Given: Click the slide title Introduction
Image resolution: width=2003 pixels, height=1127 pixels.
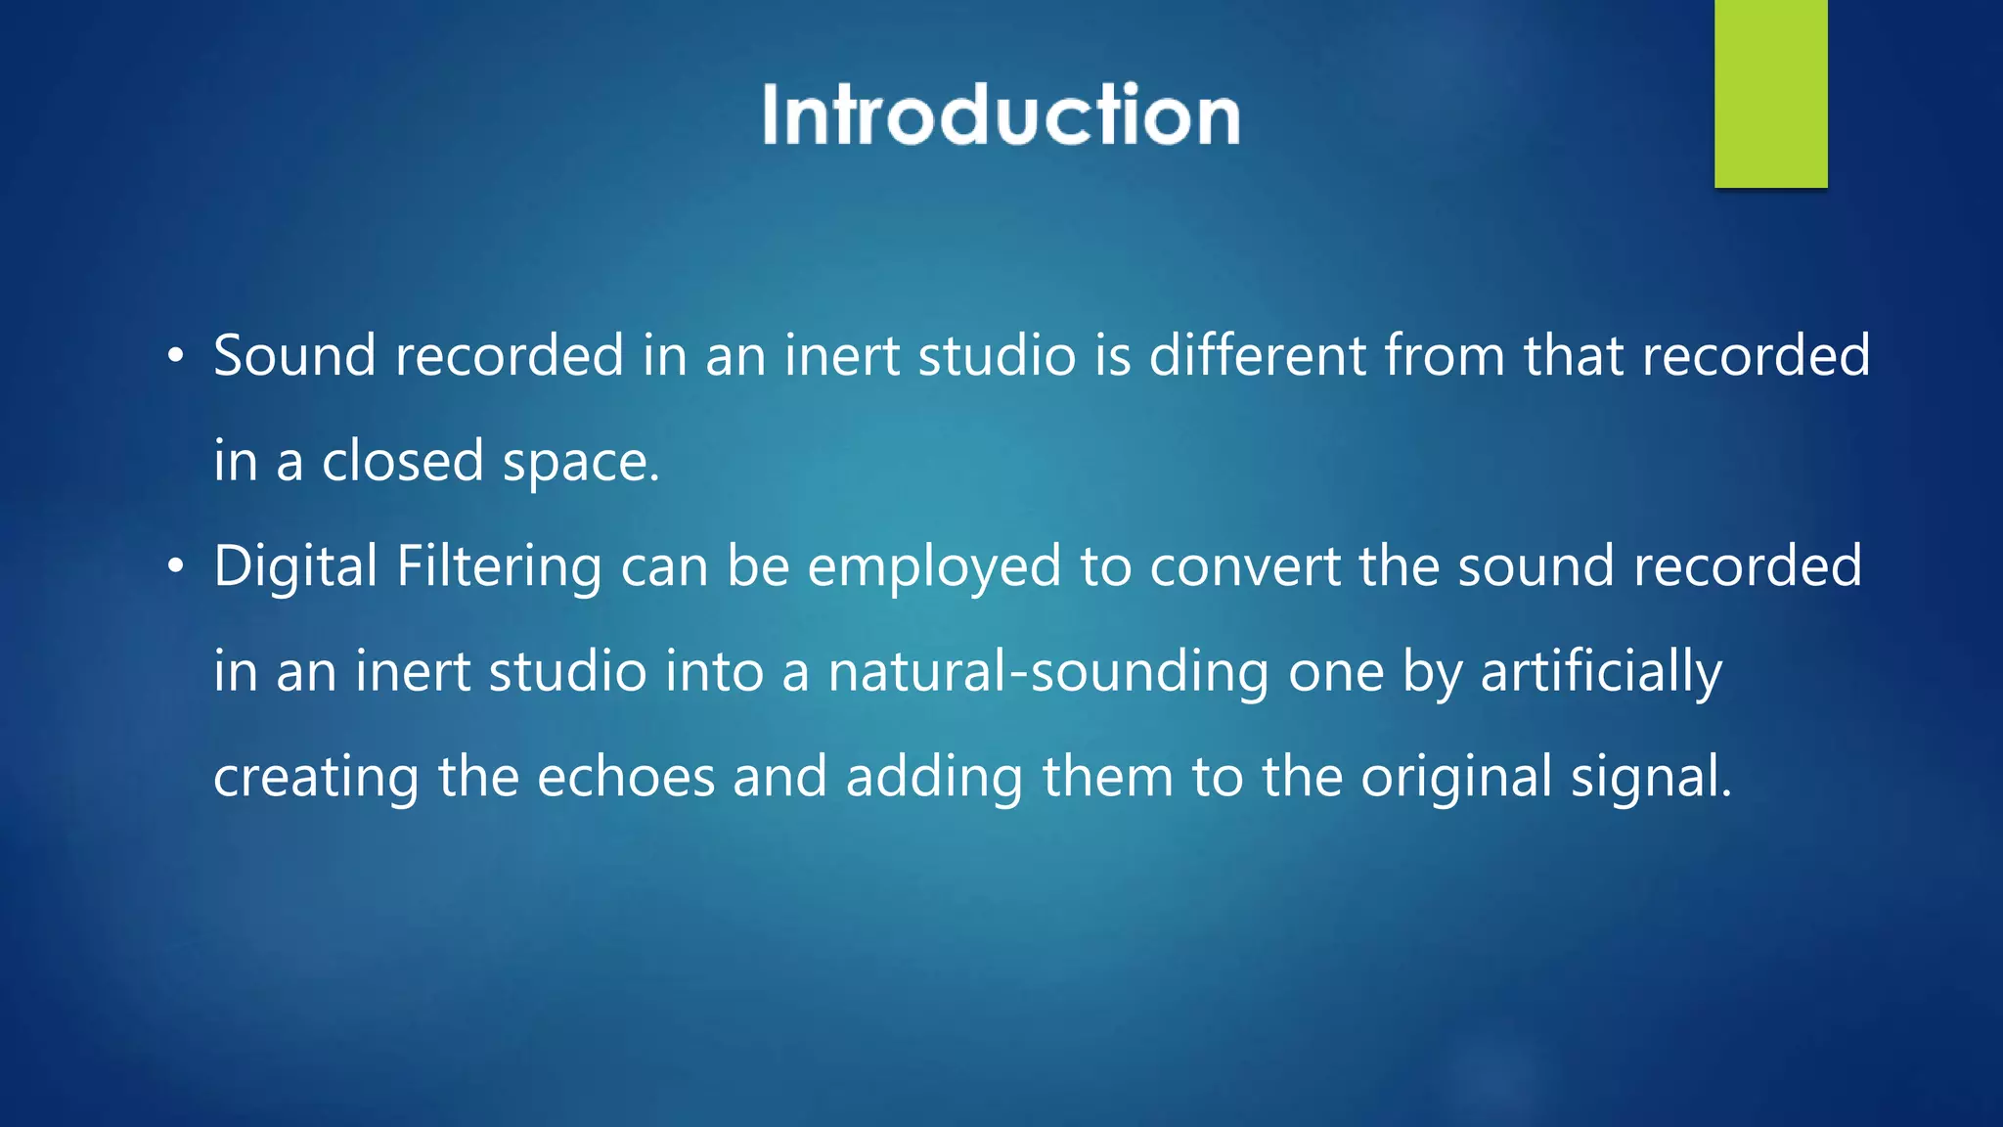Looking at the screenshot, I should pos(1001,114).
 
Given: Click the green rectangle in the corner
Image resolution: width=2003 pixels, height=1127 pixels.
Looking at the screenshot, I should pos(1770,93).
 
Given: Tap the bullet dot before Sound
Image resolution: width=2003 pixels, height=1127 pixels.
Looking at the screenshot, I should pos(175,356).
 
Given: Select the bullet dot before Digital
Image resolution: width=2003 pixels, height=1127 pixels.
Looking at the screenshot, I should pos(175,567).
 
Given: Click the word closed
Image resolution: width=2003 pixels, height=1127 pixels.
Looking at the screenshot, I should pos(402,461).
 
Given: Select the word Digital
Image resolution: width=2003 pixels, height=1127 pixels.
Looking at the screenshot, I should pos(295,567).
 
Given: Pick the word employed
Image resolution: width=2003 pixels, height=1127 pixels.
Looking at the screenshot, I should pos(934,567).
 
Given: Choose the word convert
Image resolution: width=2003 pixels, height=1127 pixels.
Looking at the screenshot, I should pos(1244,567).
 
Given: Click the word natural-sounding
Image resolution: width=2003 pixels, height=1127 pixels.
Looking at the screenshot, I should pos(1048,673).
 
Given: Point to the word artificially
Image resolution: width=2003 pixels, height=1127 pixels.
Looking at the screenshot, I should pos(1601,673).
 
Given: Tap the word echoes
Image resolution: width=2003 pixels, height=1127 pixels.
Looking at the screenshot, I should pos(626,778).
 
